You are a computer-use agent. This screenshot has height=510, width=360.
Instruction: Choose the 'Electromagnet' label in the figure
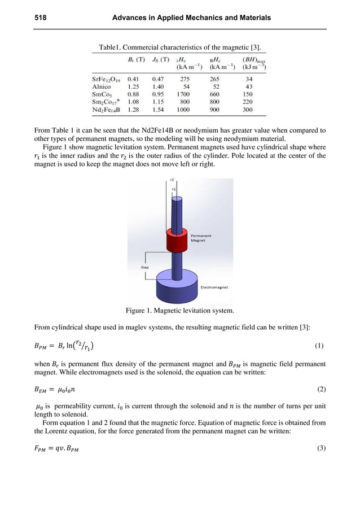click(214, 287)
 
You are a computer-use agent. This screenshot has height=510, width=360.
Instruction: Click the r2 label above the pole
click(172, 180)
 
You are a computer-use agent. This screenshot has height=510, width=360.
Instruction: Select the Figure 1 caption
click(179, 310)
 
